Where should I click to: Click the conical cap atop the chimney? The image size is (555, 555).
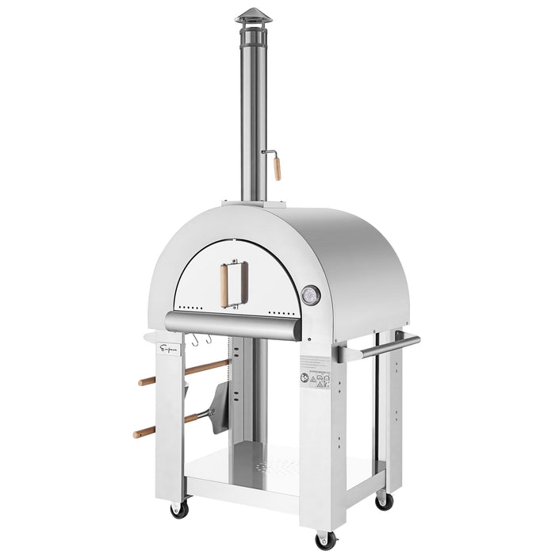(253, 16)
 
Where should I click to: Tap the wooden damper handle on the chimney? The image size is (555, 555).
(277, 168)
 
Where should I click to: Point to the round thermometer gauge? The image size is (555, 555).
(312, 294)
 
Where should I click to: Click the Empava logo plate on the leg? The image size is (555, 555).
(169, 348)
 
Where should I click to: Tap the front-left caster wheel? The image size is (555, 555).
(179, 509)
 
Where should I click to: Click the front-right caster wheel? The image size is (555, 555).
(325, 539)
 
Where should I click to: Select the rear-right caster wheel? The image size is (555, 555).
(384, 499)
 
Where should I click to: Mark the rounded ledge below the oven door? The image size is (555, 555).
(233, 323)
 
